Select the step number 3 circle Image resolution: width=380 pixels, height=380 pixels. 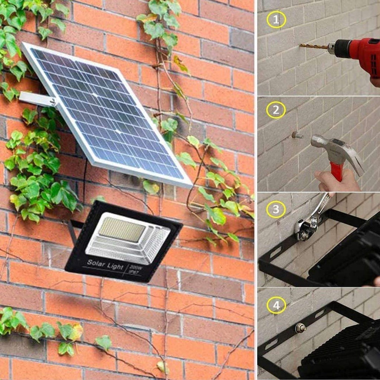click(276, 209)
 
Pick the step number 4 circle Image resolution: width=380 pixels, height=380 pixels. click(276, 305)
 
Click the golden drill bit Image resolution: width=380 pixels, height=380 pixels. click(314, 47)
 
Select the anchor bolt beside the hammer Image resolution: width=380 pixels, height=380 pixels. click(297, 135)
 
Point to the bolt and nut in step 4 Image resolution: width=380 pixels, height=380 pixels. click(299, 328)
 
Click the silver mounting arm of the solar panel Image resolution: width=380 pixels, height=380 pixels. click(37, 99)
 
